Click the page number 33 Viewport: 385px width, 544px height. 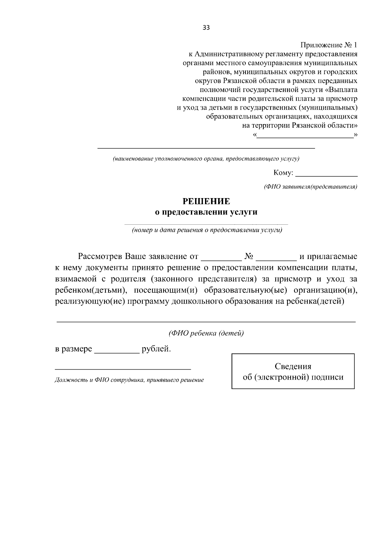coord(206,28)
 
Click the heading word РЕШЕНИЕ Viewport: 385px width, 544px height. coord(206,201)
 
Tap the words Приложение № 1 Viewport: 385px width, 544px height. coord(329,45)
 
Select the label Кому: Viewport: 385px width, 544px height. coord(283,173)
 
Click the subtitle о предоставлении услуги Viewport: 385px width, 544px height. coord(206,212)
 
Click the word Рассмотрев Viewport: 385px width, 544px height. coord(100,257)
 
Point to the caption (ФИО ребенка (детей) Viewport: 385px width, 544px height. coord(206,333)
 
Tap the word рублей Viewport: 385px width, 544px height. coord(156,349)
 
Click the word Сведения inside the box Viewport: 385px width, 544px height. coord(293,366)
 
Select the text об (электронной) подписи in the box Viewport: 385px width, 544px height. coord(293,377)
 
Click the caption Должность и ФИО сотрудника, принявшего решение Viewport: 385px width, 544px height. coord(129,380)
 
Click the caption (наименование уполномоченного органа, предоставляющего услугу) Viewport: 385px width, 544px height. coord(206,159)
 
